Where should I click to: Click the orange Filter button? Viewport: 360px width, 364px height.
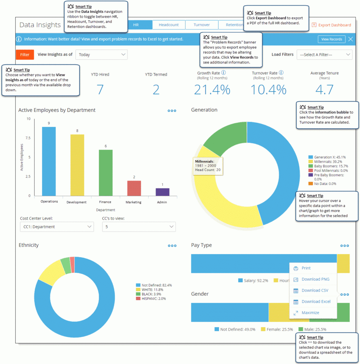(x=25, y=54)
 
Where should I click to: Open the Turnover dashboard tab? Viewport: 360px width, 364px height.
(x=201, y=25)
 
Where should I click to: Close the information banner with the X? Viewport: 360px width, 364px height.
(x=350, y=39)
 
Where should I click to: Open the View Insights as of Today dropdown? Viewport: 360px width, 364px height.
(x=102, y=54)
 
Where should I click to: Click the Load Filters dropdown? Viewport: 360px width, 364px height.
(x=324, y=54)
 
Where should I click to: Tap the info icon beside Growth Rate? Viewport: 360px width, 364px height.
(x=223, y=73)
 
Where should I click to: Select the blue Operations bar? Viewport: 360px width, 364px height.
(x=49, y=161)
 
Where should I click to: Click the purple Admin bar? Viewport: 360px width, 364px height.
(x=162, y=192)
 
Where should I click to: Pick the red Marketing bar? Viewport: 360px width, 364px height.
(x=134, y=188)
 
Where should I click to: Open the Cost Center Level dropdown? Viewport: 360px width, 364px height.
(x=57, y=227)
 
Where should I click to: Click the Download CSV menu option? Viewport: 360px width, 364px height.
(x=315, y=290)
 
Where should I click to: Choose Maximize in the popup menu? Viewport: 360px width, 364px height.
(x=310, y=313)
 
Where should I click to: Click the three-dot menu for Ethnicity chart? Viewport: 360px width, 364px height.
(x=172, y=246)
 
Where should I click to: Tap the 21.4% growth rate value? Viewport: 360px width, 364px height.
(x=212, y=90)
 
